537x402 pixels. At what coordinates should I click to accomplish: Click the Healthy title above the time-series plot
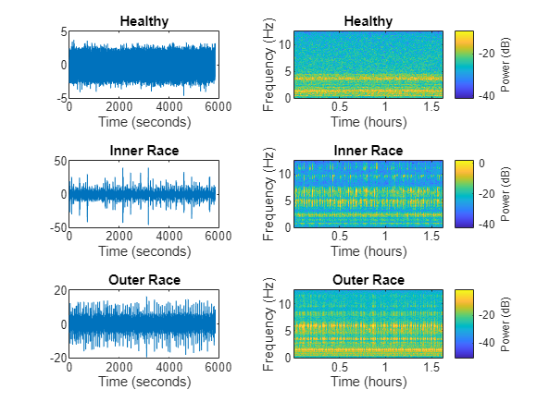(x=144, y=21)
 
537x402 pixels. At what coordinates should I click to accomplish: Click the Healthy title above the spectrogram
(x=368, y=21)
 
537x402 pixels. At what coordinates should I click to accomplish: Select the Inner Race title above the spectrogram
(x=368, y=151)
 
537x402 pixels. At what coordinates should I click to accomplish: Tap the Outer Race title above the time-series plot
(x=144, y=280)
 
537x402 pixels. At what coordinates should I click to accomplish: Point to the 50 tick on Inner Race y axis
(x=60, y=162)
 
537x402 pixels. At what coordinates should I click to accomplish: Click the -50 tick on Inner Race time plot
(x=58, y=227)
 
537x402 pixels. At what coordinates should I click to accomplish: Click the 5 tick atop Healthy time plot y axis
(x=64, y=31)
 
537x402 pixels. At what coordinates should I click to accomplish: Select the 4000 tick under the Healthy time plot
(x=169, y=106)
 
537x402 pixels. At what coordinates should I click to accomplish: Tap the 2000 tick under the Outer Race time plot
(x=119, y=367)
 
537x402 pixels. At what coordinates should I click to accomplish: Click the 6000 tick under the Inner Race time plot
(x=219, y=236)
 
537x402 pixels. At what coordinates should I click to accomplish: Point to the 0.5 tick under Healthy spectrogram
(x=340, y=106)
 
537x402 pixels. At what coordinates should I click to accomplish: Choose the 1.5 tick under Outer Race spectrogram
(x=431, y=367)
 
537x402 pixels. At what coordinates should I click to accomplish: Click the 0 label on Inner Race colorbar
(x=481, y=163)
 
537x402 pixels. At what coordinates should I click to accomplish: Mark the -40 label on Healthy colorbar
(x=487, y=96)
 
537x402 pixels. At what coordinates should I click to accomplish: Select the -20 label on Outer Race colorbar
(x=487, y=314)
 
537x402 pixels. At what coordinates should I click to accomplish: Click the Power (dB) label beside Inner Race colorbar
(x=506, y=194)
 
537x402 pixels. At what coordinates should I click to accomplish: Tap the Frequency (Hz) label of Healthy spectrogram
(x=268, y=65)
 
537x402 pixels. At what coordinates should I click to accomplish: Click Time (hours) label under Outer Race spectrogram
(x=368, y=381)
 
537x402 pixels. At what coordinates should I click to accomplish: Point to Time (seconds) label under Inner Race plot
(x=144, y=251)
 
